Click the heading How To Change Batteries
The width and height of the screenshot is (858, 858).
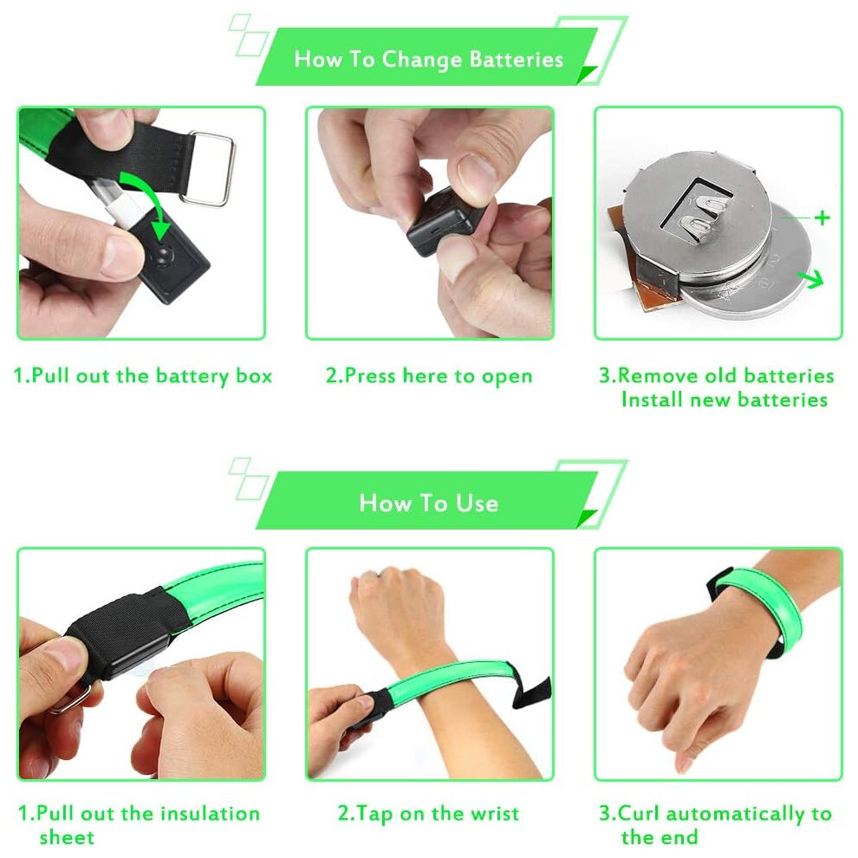[x=428, y=59]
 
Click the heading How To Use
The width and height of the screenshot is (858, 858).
[x=428, y=503]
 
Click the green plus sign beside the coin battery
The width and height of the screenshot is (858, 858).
[x=822, y=218]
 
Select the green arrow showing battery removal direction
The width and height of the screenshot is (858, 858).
[x=811, y=278]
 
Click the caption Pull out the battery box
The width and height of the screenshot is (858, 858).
[x=142, y=376]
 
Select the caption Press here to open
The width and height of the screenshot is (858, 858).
[x=429, y=376]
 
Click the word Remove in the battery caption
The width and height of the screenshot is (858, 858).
[x=659, y=376]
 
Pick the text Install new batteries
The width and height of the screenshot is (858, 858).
[x=725, y=400]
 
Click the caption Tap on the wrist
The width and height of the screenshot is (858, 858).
[x=428, y=814]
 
